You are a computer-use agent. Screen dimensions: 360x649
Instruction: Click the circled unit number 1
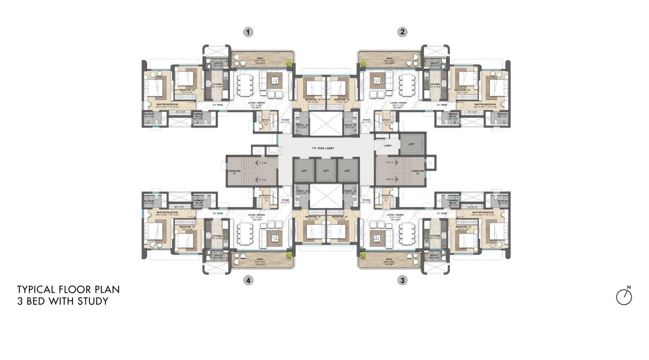(x=248, y=32)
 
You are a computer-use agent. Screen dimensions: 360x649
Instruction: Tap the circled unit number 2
(x=402, y=32)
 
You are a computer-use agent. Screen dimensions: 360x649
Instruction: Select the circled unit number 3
(x=402, y=280)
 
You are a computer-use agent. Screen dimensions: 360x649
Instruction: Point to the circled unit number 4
(x=248, y=280)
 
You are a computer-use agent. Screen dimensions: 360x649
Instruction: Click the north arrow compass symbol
(x=624, y=296)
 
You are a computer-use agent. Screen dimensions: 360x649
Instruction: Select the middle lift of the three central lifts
(x=326, y=170)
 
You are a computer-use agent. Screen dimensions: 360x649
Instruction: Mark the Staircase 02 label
(x=418, y=171)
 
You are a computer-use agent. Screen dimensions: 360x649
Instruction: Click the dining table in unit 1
(x=244, y=84)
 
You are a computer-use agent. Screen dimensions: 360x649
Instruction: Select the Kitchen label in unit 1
(x=216, y=85)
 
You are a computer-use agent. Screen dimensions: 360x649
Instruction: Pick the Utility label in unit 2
(x=434, y=64)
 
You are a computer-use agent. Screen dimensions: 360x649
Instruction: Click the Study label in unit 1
(x=265, y=120)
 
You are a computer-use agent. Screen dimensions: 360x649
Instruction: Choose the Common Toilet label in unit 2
(x=453, y=115)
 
